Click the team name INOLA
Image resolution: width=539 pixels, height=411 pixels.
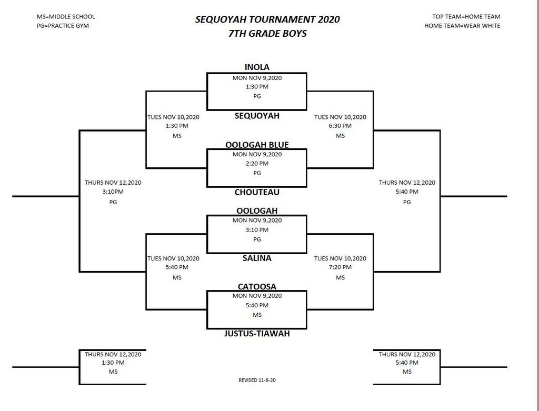click(x=257, y=67)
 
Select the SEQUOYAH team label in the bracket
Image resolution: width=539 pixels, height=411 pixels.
click(x=257, y=116)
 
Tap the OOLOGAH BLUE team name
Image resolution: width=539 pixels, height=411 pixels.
click(x=257, y=145)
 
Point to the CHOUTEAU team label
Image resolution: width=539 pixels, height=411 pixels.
click(x=257, y=192)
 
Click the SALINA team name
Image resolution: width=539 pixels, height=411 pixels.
click(x=257, y=258)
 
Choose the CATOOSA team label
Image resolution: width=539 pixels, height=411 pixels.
click(x=257, y=287)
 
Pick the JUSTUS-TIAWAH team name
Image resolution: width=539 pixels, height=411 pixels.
click(x=257, y=333)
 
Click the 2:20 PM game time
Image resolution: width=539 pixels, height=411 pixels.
click(x=257, y=164)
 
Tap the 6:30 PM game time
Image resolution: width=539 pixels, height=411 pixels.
click(x=340, y=126)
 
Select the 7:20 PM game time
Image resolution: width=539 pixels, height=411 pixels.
click(x=340, y=267)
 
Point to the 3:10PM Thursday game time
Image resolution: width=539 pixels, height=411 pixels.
click(x=113, y=192)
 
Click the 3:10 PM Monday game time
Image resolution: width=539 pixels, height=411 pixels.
click(x=257, y=230)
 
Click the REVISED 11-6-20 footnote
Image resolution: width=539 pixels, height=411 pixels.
click(x=257, y=380)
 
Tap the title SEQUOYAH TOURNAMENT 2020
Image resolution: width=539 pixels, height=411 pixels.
click(x=267, y=19)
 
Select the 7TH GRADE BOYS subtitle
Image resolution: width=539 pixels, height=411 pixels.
click(x=267, y=33)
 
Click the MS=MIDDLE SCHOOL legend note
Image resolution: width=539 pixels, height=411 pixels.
click(x=66, y=16)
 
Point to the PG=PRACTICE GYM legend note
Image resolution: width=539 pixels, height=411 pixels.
click(x=63, y=26)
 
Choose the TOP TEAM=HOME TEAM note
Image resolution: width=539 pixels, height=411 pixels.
click(x=466, y=16)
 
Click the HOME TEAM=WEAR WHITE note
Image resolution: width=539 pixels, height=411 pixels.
click(x=462, y=26)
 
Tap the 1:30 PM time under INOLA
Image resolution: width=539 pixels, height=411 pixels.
click(x=257, y=87)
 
